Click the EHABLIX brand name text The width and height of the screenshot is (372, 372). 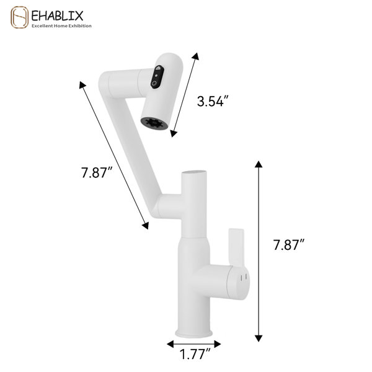point(57,15)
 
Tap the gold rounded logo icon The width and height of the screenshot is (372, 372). point(19,17)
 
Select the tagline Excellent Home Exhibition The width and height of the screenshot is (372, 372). point(61,26)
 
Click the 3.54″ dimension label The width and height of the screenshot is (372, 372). point(213,101)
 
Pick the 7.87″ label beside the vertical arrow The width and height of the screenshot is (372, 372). point(288,245)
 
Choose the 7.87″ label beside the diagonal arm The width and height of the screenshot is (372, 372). point(97,172)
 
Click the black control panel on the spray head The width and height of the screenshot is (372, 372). point(157,77)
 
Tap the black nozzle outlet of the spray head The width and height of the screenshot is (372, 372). point(154,123)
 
